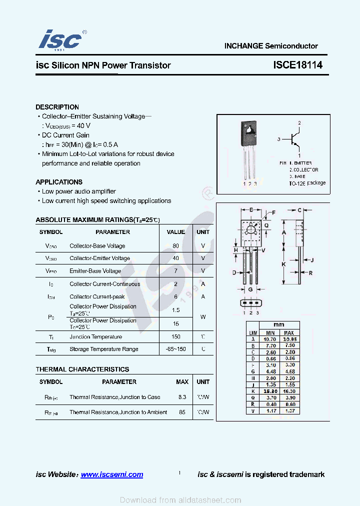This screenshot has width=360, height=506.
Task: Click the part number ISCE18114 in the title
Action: (x=297, y=65)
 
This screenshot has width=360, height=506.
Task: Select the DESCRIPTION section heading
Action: (x=57, y=107)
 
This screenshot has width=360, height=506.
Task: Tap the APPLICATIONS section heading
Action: (x=59, y=182)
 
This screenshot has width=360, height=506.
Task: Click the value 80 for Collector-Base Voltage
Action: (x=175, y=246)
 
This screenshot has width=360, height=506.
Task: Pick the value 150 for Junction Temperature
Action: (x=175, y=337)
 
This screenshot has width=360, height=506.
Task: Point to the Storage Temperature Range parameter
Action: (x=104, y=349)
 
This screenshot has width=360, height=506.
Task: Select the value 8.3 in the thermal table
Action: (x=182, y=397)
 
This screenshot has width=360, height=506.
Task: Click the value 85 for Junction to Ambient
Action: (x=182, y=412)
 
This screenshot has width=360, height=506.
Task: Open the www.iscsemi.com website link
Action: (x=111, y=474)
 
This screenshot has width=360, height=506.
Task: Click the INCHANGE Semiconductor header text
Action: (x=271, y=46)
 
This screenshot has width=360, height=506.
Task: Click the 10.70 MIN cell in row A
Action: (x=270, y=339)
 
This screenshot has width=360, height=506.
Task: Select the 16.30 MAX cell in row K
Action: (x=289, y=391)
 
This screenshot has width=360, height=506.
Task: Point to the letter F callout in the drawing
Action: (x=273, y=213)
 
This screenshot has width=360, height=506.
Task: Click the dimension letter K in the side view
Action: (x=283, y=264)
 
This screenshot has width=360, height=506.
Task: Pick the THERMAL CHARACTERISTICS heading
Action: (x=82, y=369)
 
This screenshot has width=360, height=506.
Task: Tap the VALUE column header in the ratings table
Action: (x=175, y=232)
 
